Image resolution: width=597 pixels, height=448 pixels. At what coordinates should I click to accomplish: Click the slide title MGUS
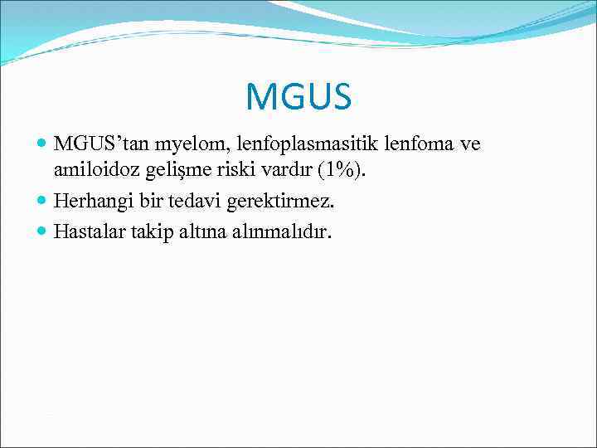click(298, 97)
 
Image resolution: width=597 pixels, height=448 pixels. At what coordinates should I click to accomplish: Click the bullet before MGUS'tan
click(42, 145)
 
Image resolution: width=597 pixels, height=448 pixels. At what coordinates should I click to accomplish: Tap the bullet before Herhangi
click(42, 202)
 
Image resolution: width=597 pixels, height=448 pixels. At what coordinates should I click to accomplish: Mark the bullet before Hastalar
click(42, 230)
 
